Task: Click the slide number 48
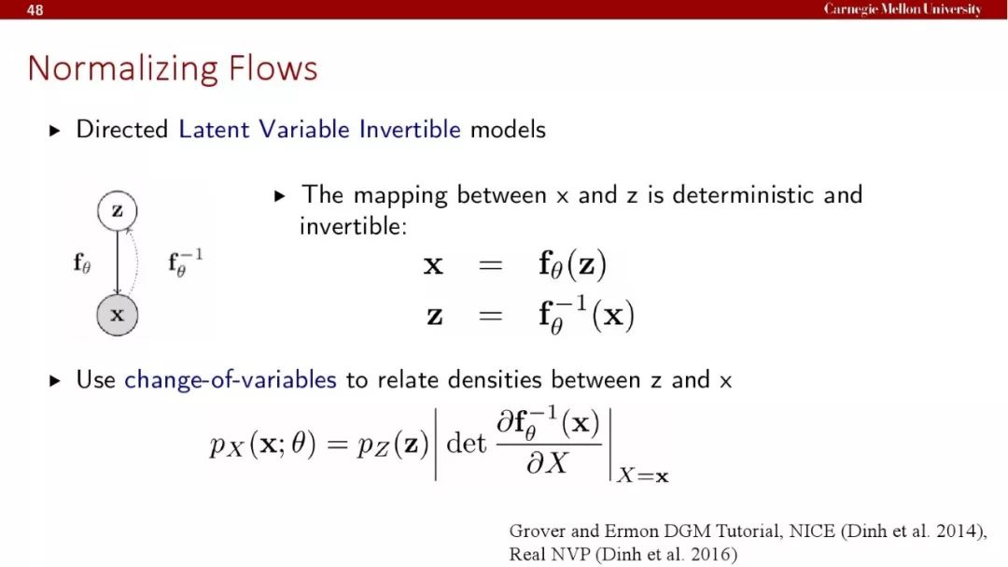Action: tap(35, 9)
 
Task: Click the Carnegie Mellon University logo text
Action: tap(903, 9)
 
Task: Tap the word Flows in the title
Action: tap(273, 67)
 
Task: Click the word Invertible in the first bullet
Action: tap(410, 129)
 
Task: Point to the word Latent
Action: tap(214, 129)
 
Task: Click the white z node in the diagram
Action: tap(117, 210)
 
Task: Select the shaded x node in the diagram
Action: tap(117, 315)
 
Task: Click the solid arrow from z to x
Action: tap(117, 262)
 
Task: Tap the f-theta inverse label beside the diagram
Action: tap(185, 262)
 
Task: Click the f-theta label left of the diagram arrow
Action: tap(81, 262)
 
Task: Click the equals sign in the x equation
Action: tap(491, 264)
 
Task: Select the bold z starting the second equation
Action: tap(435, 316)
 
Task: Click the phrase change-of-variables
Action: tap(231, 380)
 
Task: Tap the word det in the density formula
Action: tap(466, 443)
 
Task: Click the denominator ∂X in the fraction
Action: tap(547, 462)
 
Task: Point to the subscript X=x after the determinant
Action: tap(642, 475)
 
